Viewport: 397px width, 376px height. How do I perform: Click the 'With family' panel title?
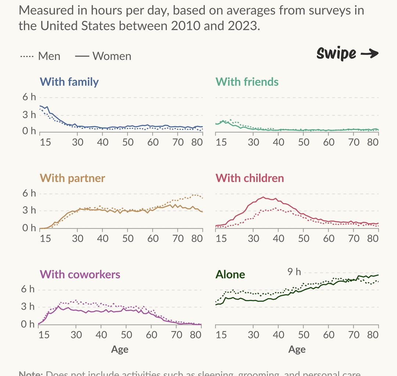pos(69,82)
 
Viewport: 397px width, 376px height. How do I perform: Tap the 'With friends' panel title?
pos(247,82)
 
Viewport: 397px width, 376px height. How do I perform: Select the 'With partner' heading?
pos(72,178)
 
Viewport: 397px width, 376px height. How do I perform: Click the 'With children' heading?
pos(250,178)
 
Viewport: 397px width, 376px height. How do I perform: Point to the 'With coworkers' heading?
pos(80,274)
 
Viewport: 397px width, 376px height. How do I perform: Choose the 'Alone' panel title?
pos(230,274)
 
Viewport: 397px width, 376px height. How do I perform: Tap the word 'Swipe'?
pos(336,54)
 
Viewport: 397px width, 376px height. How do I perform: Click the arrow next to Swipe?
pos(369,54)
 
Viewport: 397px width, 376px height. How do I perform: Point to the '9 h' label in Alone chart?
pos(294,272)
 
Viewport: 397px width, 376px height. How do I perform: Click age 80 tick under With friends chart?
pos(373,142)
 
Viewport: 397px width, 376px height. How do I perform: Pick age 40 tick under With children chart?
pos(279,238)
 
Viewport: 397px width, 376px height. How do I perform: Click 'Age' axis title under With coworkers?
pos(120,349)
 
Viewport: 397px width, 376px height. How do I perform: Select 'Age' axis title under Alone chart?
pos(297,349)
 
